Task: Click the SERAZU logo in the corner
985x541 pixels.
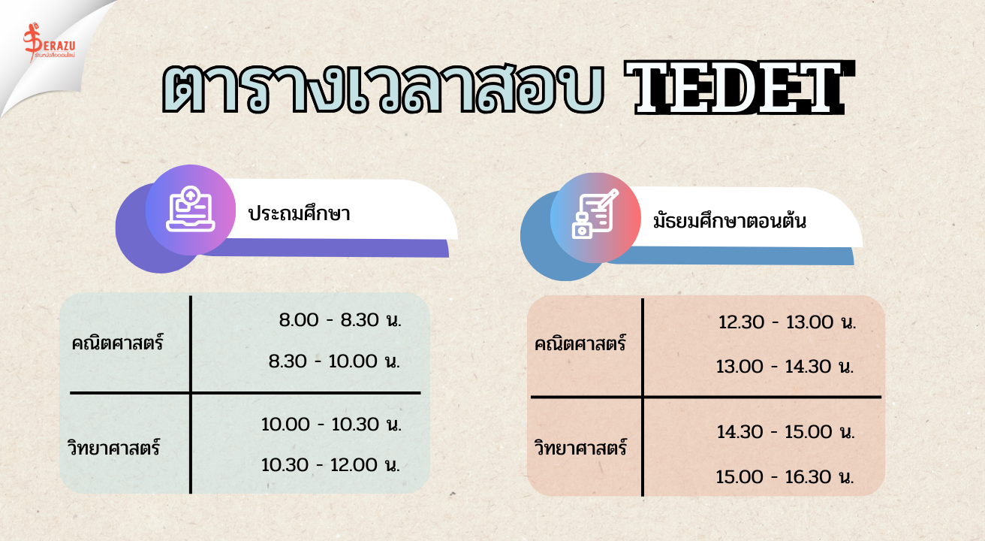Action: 50,43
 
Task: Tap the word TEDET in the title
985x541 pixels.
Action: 740,88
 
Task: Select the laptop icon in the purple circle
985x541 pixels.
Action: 191,209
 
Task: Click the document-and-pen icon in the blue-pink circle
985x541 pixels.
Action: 595,214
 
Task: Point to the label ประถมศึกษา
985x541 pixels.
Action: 299,213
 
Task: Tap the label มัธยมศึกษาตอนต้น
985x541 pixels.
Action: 730,220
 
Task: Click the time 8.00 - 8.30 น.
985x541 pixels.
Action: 340,320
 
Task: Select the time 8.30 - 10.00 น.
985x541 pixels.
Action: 335,361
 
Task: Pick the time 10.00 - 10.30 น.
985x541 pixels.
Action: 332,425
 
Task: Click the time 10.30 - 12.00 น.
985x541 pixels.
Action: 330,465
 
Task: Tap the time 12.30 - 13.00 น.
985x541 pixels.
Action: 788,322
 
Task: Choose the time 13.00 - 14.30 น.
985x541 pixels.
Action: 785,366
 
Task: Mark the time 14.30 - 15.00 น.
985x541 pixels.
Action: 786,432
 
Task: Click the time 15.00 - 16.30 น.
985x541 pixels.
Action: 785,476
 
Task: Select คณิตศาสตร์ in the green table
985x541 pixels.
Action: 117,342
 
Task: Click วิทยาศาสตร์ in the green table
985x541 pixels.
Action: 114,447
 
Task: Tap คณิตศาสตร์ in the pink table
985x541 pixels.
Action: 580,343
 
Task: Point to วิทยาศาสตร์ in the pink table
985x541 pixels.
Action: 580,447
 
